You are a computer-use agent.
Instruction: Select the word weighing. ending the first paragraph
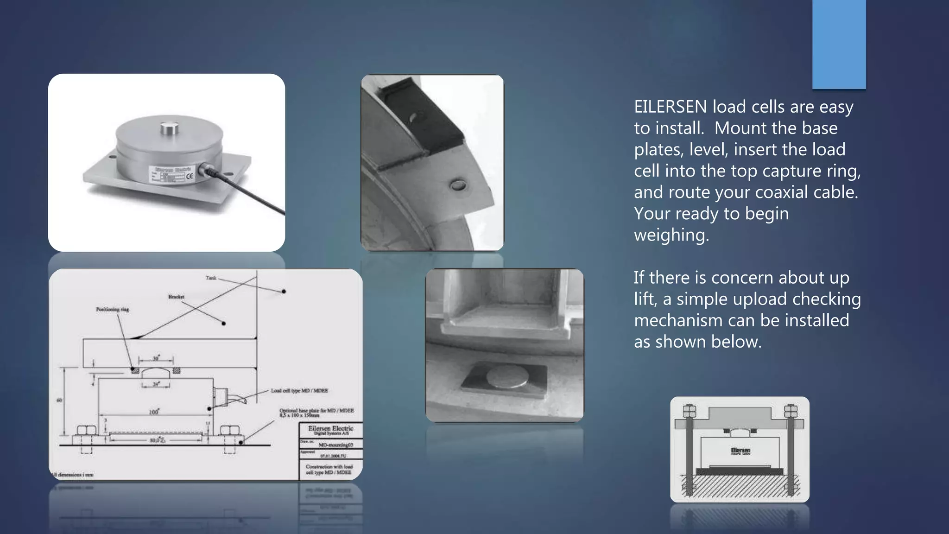(x=671, y=235)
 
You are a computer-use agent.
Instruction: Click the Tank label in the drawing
(x=211, y=278)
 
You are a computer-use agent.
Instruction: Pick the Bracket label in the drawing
(x=176, y=297)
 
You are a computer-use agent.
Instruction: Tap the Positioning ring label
(x=112, y=309)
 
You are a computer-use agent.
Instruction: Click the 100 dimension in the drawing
(x=153, y=412)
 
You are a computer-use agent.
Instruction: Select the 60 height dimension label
(x=59, y=400)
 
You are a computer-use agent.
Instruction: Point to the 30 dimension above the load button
(x=156, y=359)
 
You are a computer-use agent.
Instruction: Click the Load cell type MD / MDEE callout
(x=299, y=391)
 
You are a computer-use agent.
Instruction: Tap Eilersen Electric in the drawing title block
(x=330, y=428)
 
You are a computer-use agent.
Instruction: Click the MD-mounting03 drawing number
(x=335, y=445)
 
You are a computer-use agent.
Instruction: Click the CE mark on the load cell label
(x=190, y=176)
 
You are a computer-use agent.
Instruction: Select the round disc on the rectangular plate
(x=507, y=378)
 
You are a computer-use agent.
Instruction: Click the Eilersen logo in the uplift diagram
(x=740, y=451)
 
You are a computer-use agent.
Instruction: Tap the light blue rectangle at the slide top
(x=839, y=44)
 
